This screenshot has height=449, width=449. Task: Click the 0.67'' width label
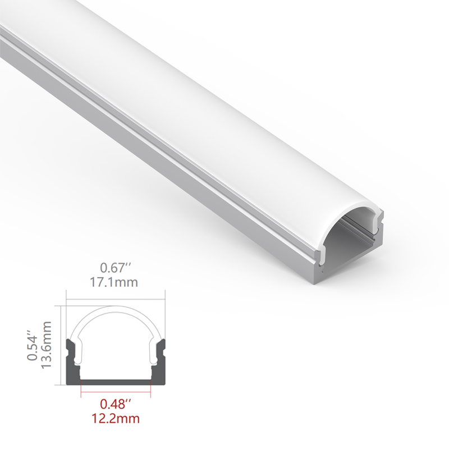tap(116, 268)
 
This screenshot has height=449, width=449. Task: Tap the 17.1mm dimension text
tap(114, 282)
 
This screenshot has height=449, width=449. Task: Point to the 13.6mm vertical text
tap(47, 345)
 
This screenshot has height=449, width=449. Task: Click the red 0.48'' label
tap(116, 404)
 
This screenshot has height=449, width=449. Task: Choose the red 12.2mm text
tap(116, 418)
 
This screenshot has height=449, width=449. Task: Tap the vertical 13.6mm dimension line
tap(61, 345)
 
